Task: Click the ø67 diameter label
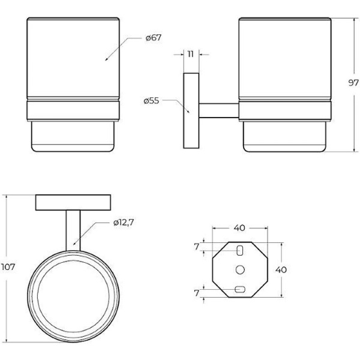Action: point(154,37)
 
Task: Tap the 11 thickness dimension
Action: point(191,54)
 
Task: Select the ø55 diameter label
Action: point(151,101)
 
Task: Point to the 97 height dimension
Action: point(353,83)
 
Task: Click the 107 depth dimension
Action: point(8,267)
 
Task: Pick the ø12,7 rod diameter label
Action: point(124,222)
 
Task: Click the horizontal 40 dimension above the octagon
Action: point(239,228)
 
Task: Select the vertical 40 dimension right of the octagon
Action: point(281,269)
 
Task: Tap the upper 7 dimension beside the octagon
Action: point(196,247)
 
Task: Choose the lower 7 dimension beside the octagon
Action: point(196,293)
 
